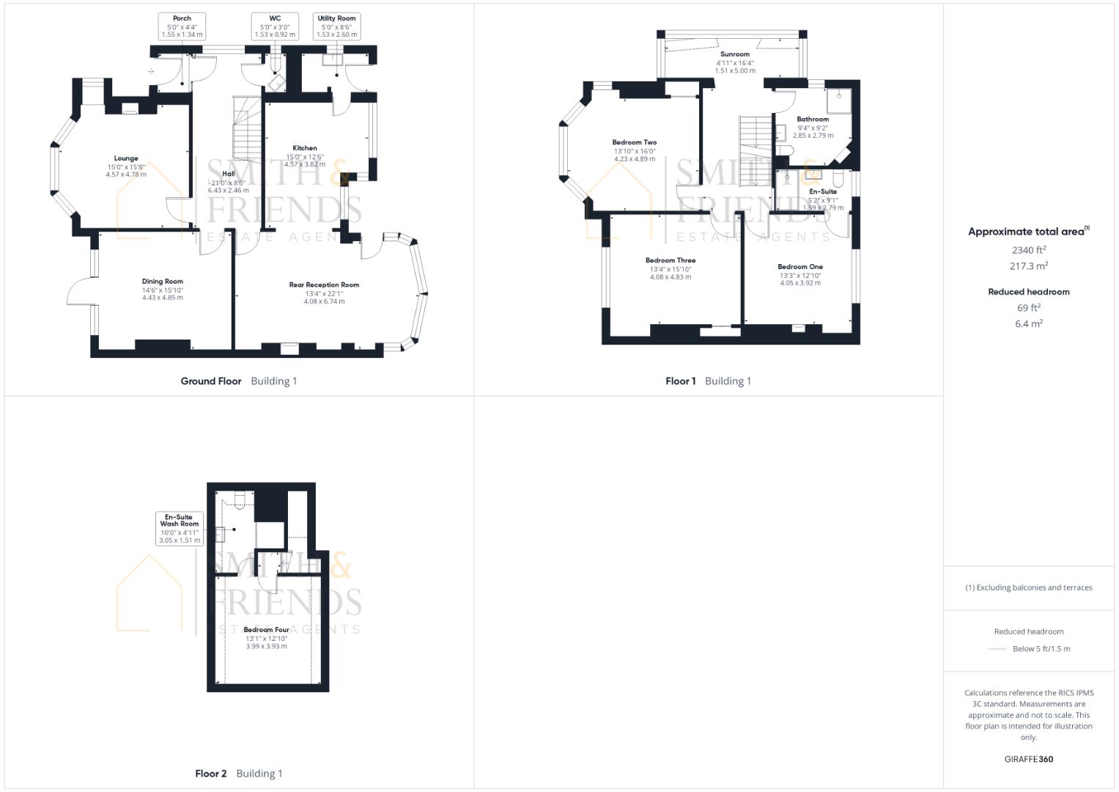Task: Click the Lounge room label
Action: (x=126, y=158)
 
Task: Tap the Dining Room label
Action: (x=163, y=282)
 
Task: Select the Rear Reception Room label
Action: (x=324, y=285)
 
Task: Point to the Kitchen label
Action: (x=305, y=148)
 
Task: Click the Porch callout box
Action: (x=182, y=26)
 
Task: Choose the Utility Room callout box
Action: (x=336, y=26)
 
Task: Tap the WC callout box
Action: (x=275, y=26)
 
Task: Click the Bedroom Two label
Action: (x=635, y=143)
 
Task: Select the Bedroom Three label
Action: (x=671, y=260)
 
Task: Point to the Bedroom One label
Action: (x=800, y=267)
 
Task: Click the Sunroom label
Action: (x=735, y=54)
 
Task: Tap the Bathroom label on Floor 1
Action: (x=813, y=119)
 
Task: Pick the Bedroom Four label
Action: (x=266, y=630)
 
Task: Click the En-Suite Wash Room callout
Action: (x=180, y=528)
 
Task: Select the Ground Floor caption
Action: (x=211, y=381)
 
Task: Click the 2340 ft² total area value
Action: (x=1029, y=250)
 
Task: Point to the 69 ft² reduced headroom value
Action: (x=1029, y=308)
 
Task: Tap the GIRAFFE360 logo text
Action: (x=1029, y=759)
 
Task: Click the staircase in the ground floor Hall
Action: (x=247, y=132)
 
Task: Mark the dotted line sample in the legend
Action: (x=997, y=649)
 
